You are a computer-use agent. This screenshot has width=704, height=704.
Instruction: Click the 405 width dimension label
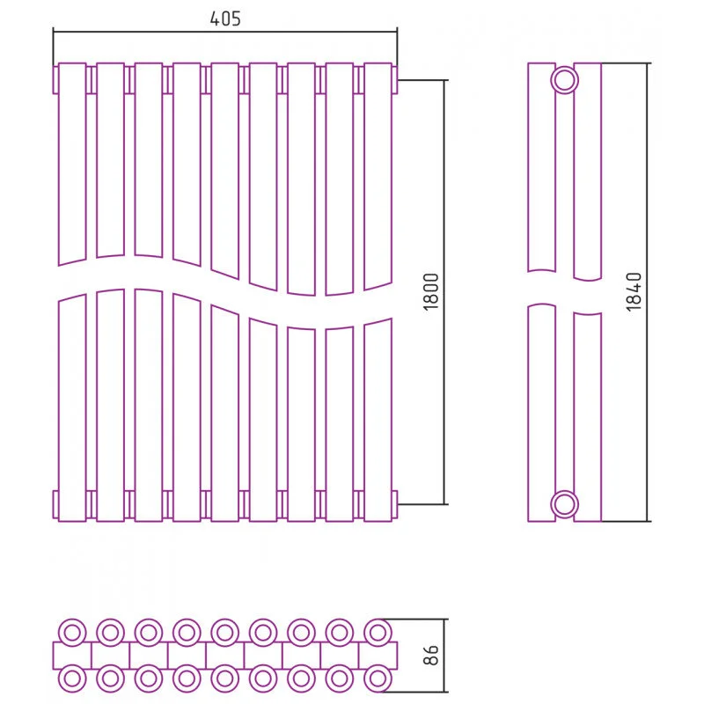[x=225, y=18]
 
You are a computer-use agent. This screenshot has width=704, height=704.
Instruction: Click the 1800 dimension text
[x=431, y=292]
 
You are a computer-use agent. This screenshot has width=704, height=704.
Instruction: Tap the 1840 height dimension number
[x=634, y=292]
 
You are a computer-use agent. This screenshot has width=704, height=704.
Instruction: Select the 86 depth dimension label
[x=431, y=655]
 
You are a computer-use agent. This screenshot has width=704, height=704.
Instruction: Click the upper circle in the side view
[x=564, y=80]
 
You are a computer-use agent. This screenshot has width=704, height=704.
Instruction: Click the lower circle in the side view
[x=564, y=504]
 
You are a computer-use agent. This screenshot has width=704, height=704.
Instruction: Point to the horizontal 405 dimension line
[x=225, y=32]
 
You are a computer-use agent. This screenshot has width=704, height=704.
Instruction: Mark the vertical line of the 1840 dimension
[x=648, y=292]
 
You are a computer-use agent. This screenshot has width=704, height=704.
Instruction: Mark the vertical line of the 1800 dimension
[x=445, y=292]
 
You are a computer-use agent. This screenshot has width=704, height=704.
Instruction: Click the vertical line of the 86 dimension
[x=444, y=655]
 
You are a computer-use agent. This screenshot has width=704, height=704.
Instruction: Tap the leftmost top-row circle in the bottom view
[x=72, y=633]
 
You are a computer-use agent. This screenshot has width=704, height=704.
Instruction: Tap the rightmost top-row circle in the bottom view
[x=378, y=633]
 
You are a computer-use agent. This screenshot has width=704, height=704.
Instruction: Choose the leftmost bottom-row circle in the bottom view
[x=72, y=678]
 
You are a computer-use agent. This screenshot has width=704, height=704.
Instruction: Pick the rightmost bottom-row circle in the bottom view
[x=378, y=678]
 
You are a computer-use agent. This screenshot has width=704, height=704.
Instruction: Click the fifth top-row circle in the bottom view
[x=225, y=633]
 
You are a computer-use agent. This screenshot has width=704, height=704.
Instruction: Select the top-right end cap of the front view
[x=394, y=80]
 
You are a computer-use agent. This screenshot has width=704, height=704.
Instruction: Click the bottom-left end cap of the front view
[x=55, y=504]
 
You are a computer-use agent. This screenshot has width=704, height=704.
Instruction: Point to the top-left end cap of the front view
[x=55, y=80]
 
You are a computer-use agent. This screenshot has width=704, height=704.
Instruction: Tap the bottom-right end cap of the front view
[x=394, y=504]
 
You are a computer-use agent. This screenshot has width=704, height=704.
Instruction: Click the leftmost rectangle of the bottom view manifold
[x=72, y=656]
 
